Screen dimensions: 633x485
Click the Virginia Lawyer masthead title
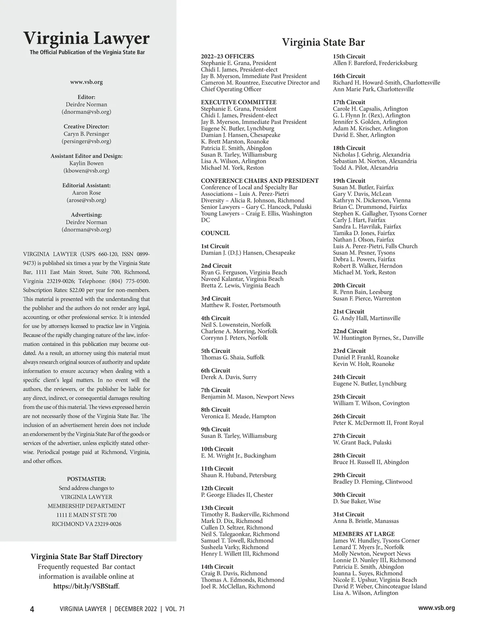coord(86,38)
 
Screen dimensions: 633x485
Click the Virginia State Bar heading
coord(323,42)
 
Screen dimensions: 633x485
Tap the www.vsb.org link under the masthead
coord(86,82)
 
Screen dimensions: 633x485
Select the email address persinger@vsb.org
coord(86,141)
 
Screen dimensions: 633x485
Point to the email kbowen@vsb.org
coord(86,170)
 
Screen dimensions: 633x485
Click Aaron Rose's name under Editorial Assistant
coord(86,193)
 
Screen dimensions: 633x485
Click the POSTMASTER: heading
coord(86,479)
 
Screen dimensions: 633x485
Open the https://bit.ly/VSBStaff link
coord(86,586)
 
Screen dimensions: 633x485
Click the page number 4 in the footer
coord(32,609)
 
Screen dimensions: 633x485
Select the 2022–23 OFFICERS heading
coord(228,56)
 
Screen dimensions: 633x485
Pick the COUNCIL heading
coord(215,233)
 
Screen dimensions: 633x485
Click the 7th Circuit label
coord(215,390)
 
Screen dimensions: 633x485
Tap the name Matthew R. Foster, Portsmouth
coord(240,305)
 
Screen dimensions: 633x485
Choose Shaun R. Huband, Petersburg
coord(238,475)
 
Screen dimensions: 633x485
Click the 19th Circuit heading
coord(349,181)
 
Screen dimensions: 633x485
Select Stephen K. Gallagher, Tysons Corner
coord(380,213)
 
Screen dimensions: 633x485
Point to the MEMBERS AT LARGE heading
coord(364,534)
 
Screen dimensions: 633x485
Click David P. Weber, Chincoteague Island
coord(380,586)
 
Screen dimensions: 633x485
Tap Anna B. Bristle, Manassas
coord(366,521)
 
